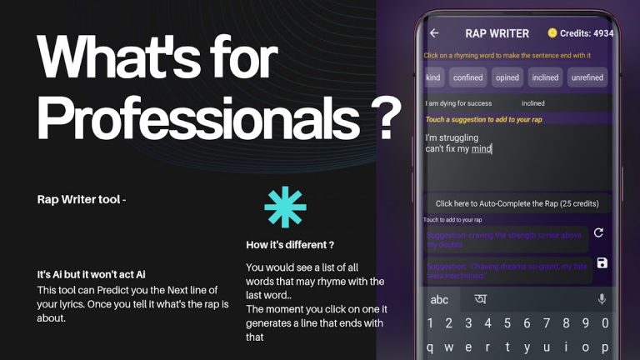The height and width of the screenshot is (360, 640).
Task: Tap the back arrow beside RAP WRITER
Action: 434,33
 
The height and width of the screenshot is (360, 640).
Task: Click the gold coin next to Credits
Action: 552,33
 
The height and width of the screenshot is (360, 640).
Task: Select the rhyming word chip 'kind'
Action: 432,77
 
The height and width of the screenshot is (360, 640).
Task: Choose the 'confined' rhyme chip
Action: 468,77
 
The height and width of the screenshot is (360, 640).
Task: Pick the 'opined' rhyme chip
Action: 507,77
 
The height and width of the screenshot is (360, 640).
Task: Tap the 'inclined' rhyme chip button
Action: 545,77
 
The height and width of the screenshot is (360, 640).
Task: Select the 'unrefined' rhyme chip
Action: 587,77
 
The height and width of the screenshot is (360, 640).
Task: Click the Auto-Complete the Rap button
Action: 517,203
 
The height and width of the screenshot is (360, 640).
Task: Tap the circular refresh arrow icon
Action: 598,233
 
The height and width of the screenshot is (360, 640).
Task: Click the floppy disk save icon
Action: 602,263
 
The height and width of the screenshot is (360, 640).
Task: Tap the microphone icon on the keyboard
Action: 602,299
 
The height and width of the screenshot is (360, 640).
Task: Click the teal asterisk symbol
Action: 285,207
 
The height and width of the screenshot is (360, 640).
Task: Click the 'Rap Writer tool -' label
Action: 82,199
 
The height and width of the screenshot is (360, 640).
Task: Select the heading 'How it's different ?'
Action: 290,245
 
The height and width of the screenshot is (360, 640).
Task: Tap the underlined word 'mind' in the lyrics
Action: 482,149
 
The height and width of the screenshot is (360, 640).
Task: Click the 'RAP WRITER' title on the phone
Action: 497,33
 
